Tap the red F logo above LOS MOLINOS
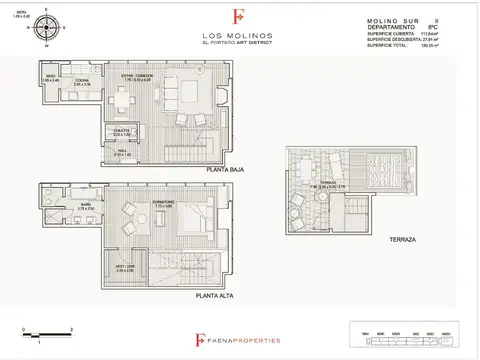pyautogui.click(x=237, y=17)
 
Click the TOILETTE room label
pyautogui.click(x=123, y=132)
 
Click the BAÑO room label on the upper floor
pyautogui.click(x=87, y=206)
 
